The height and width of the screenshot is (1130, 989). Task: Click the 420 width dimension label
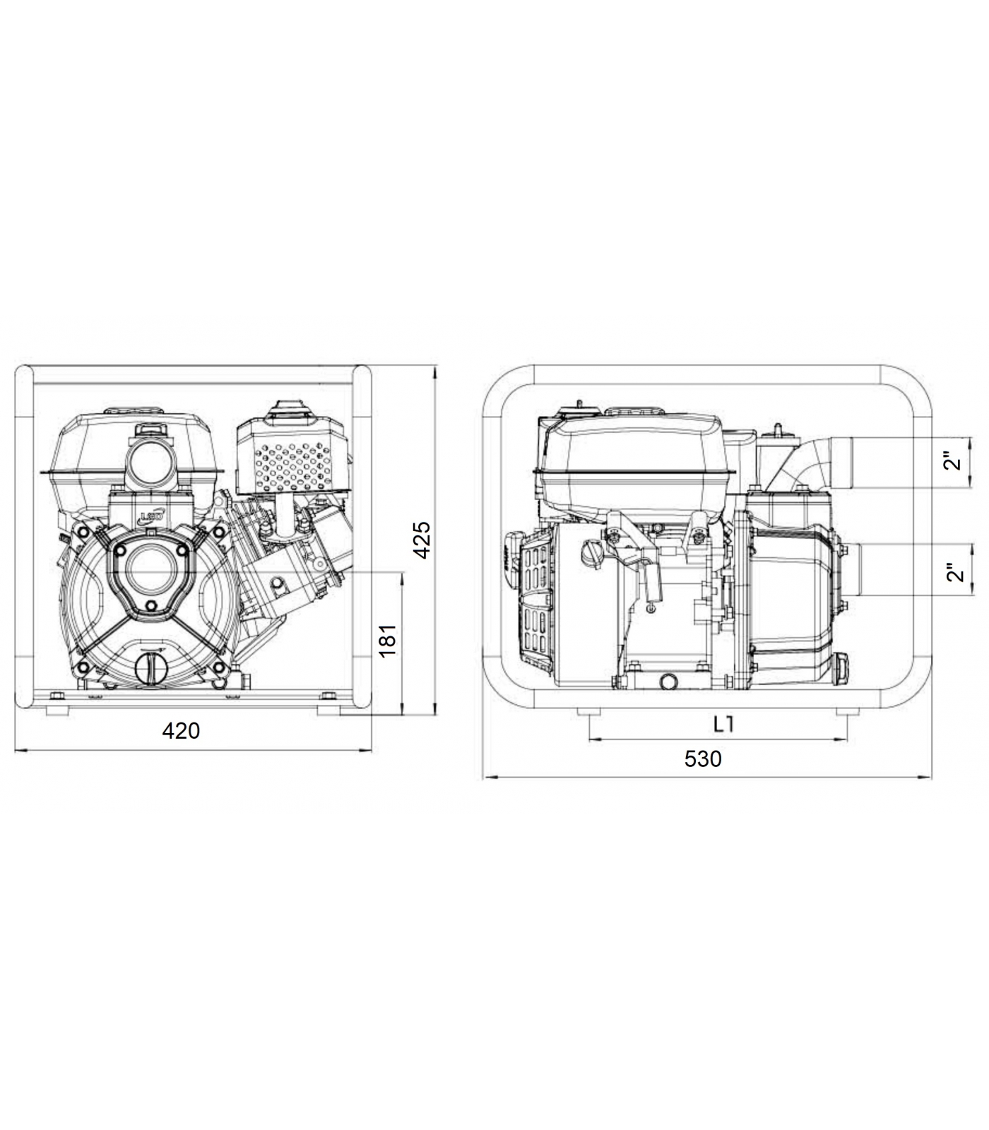182,730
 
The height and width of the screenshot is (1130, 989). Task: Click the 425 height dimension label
421,540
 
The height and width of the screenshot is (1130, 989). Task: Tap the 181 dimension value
388,639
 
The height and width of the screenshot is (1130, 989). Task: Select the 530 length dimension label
703,759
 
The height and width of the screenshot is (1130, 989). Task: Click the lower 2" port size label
955,571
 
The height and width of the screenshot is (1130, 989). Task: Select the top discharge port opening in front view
150,464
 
